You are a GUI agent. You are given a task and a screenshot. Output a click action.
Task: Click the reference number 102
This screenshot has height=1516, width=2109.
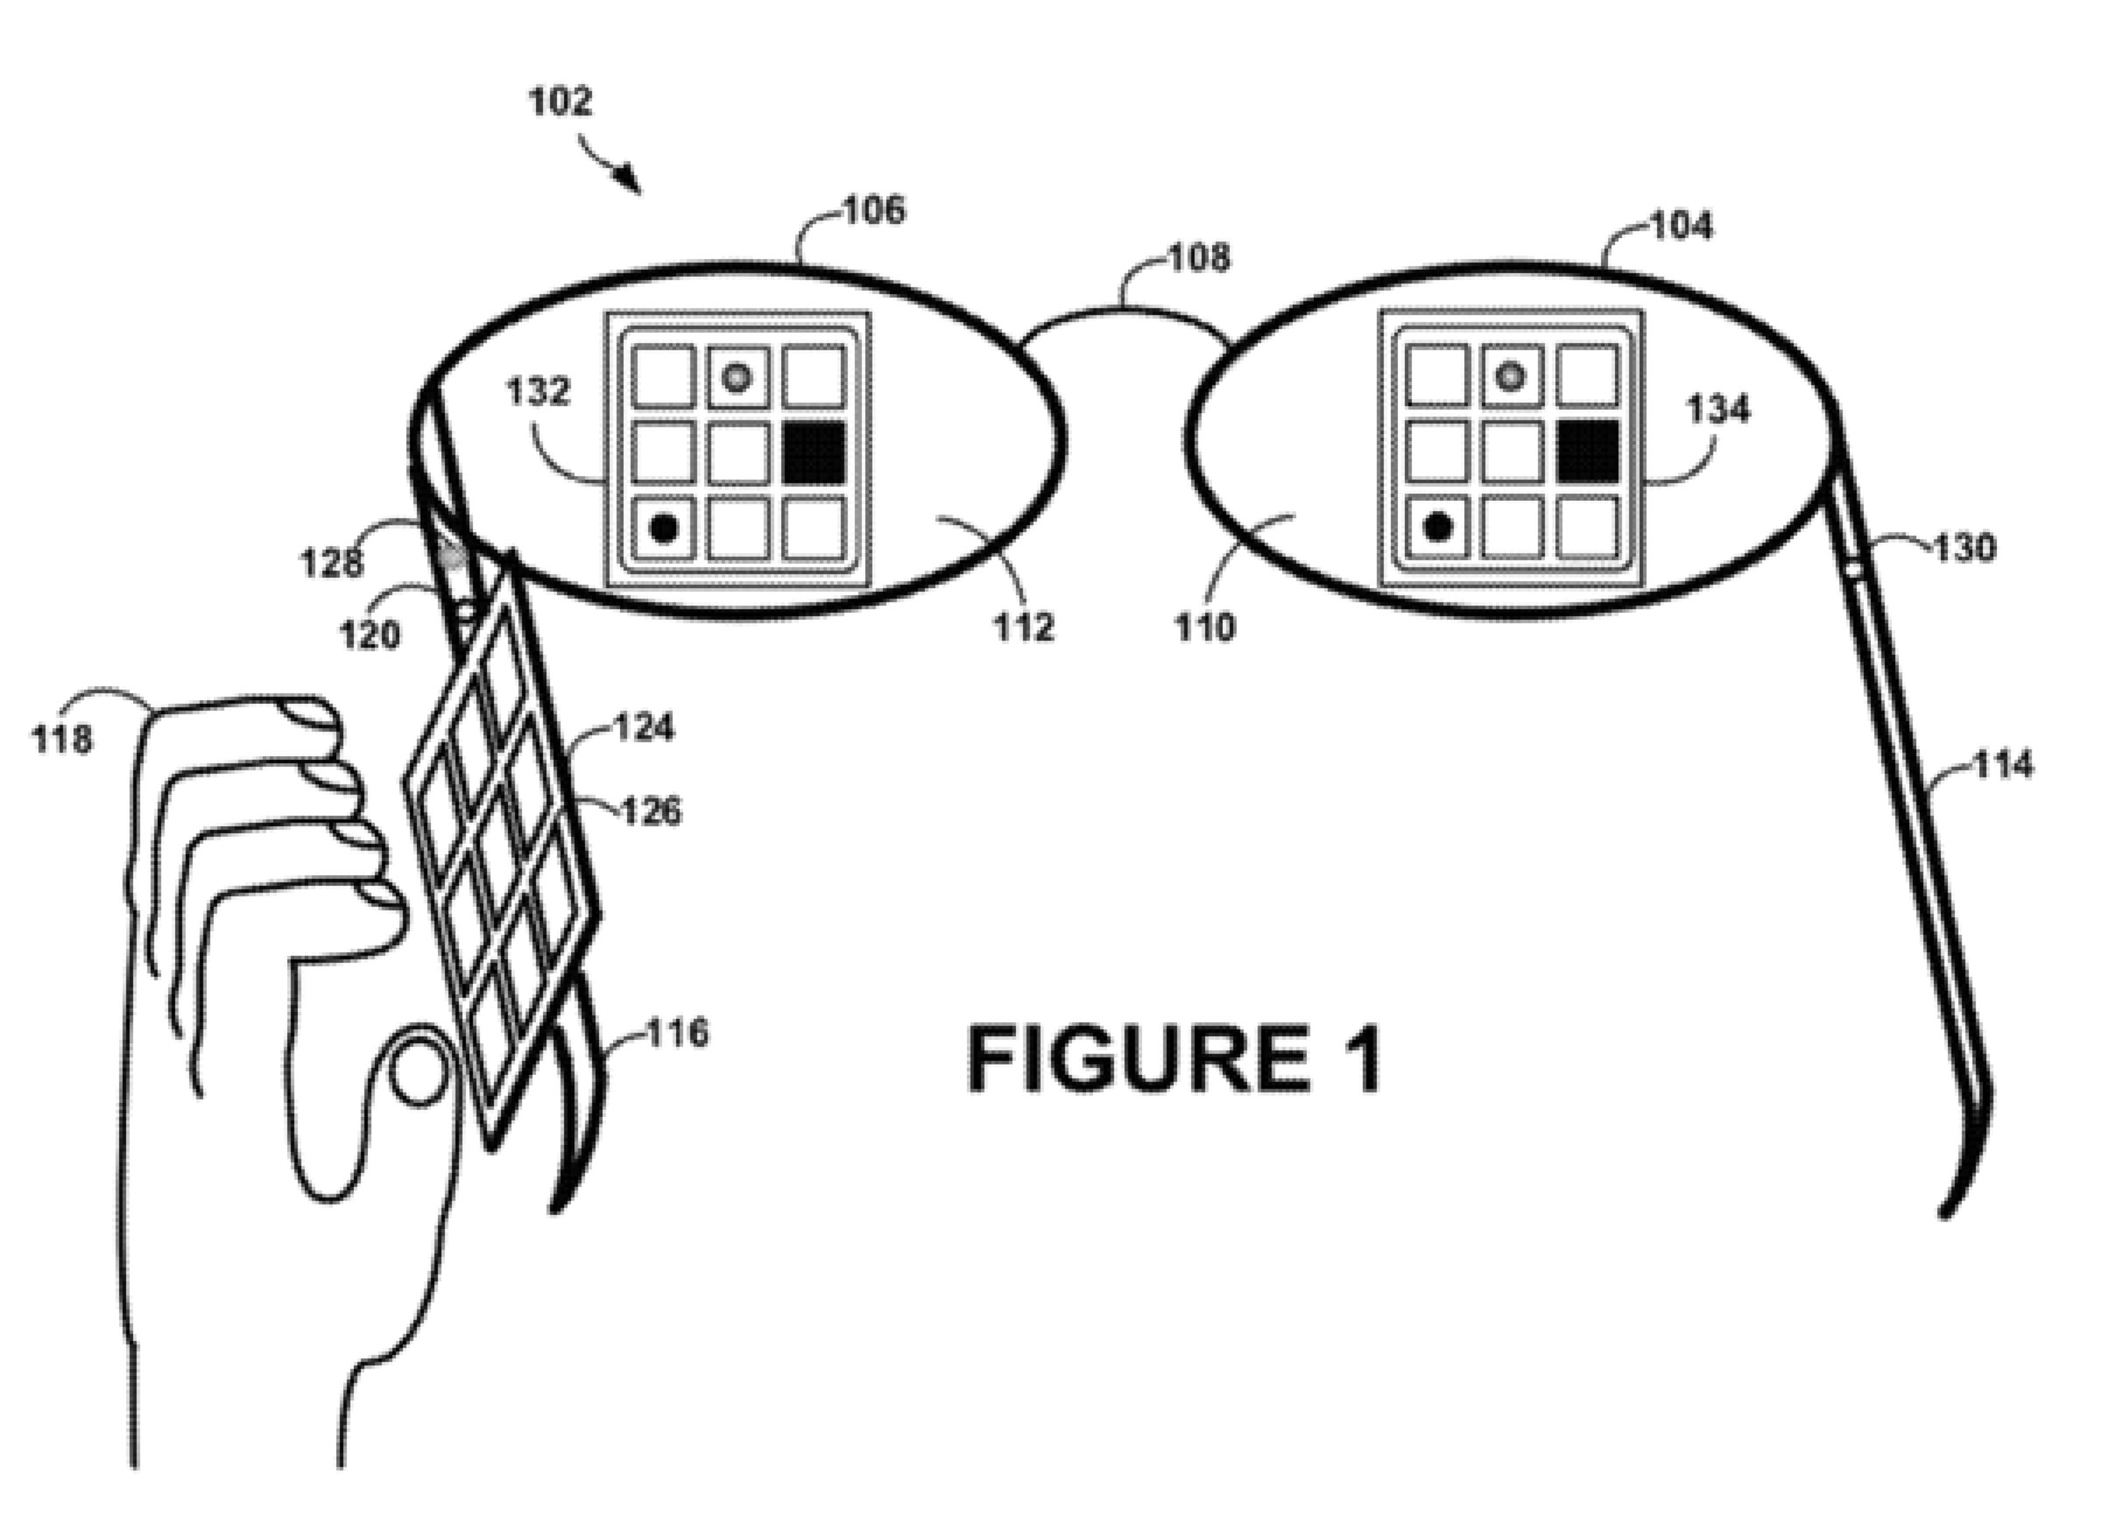560,101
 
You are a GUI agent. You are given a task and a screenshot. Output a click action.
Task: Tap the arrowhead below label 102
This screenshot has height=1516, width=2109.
630,179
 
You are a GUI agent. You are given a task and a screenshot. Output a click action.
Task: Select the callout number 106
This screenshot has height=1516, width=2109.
874,210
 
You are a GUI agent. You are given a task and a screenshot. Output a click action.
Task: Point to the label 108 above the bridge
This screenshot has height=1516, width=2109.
1199,256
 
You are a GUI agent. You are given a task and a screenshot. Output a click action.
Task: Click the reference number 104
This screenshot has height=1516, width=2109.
1682,226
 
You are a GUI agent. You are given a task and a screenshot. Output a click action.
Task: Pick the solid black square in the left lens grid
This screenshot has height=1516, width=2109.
814,453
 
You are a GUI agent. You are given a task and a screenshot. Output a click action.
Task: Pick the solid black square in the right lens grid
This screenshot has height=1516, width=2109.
1588,452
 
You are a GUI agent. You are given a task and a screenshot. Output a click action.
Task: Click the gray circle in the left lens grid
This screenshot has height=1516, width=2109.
737,377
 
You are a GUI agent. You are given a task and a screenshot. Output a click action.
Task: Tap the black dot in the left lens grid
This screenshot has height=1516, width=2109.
663,528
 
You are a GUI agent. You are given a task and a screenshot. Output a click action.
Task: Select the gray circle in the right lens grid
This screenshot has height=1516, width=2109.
1511,376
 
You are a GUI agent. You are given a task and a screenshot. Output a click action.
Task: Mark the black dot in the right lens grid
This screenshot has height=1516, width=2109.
1437,527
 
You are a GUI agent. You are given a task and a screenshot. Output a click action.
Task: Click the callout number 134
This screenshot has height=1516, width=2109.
1718,409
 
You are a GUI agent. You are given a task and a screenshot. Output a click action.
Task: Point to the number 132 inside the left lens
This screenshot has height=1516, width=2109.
538,391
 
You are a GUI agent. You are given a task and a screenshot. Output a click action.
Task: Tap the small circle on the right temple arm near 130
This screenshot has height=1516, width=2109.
1852,566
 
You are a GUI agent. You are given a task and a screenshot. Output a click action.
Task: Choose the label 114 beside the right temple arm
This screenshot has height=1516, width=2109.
2003,765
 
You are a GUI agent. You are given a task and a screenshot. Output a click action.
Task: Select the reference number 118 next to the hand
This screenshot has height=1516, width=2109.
62,740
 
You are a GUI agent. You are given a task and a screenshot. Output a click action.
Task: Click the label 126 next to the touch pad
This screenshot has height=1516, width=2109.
651,811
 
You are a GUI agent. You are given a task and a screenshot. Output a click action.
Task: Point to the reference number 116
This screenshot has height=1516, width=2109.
677,1033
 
